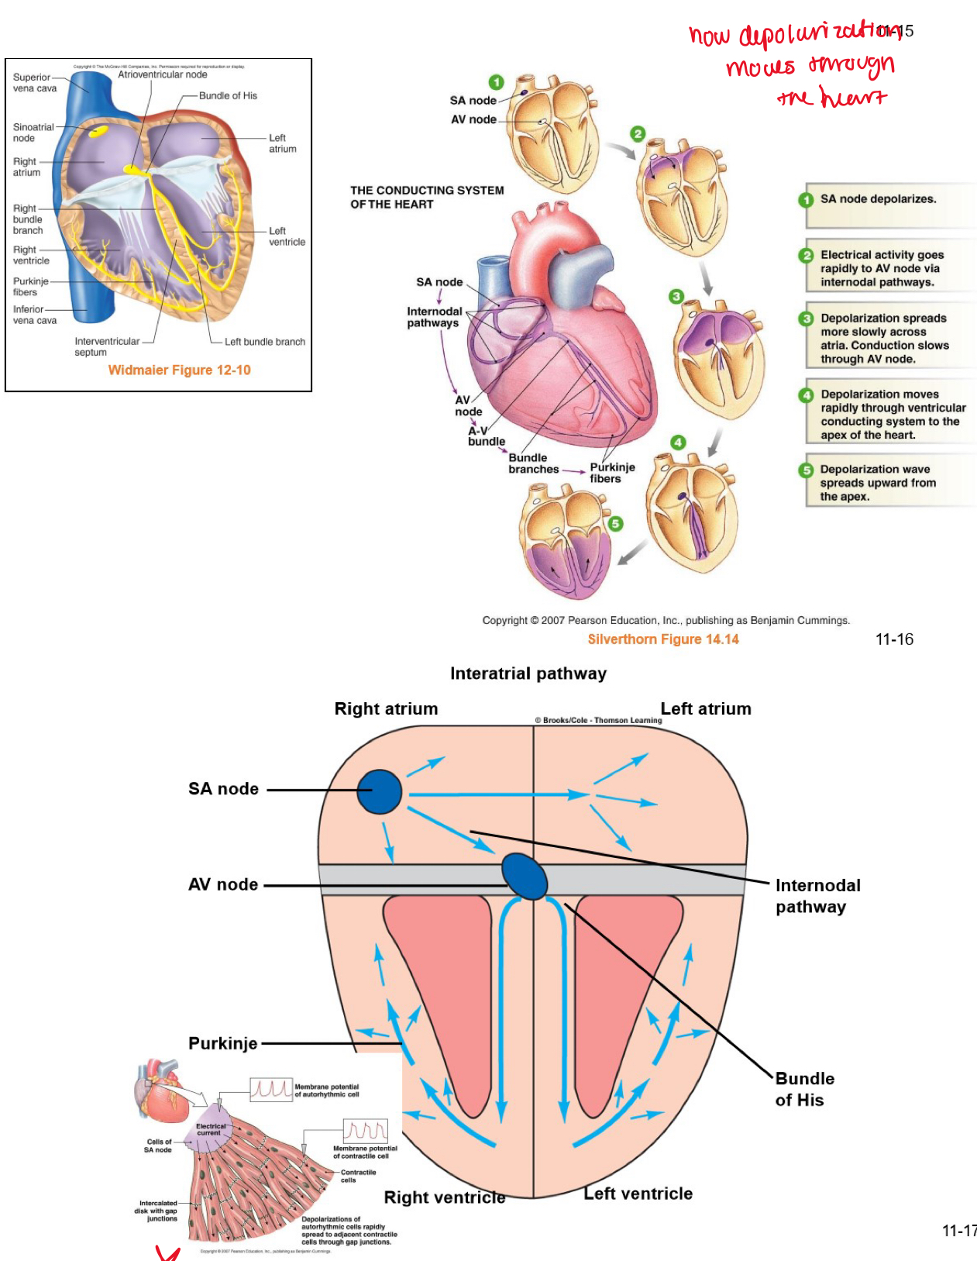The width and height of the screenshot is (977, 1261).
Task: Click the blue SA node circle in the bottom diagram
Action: click(x=379, y=791)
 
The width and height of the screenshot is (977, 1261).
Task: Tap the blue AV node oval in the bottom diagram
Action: click(x=525, y=875)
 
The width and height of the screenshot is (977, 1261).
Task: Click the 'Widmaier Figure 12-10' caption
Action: click(x=179, y=370)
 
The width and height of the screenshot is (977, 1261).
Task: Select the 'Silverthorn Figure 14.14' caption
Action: click(x=662, y=639)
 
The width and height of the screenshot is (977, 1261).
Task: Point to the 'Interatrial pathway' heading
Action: click(x=528, y=674)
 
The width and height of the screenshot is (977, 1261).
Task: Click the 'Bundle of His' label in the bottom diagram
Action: click(x=804, y=1089)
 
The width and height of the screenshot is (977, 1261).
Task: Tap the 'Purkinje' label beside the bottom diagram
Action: click(x=222, y=1043)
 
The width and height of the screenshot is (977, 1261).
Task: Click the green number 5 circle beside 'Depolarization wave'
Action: click(x=807, y=470)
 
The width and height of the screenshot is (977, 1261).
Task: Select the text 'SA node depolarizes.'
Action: click(x=878, y=199)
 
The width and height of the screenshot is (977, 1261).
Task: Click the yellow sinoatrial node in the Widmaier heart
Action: click(x=98, y=131)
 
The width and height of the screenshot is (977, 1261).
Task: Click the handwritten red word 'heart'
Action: click(x=852, y=98)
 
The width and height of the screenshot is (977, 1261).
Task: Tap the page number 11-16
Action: click(x=894, y=639)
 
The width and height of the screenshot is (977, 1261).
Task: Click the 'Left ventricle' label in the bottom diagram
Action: click(x=638, y=1194)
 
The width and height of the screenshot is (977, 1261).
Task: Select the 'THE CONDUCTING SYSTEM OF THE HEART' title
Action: click(x=427, y=197)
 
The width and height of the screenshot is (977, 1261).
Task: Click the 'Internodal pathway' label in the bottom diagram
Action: click(x=817, y=896)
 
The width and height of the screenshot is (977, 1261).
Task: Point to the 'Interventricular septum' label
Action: click(x=107, y=346)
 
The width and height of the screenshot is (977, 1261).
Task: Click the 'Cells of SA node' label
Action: click(x=158, y=1146)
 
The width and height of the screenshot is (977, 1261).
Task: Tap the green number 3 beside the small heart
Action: click(x=676, y=296)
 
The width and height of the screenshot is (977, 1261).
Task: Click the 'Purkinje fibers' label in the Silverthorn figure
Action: click(x=612, y=473)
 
